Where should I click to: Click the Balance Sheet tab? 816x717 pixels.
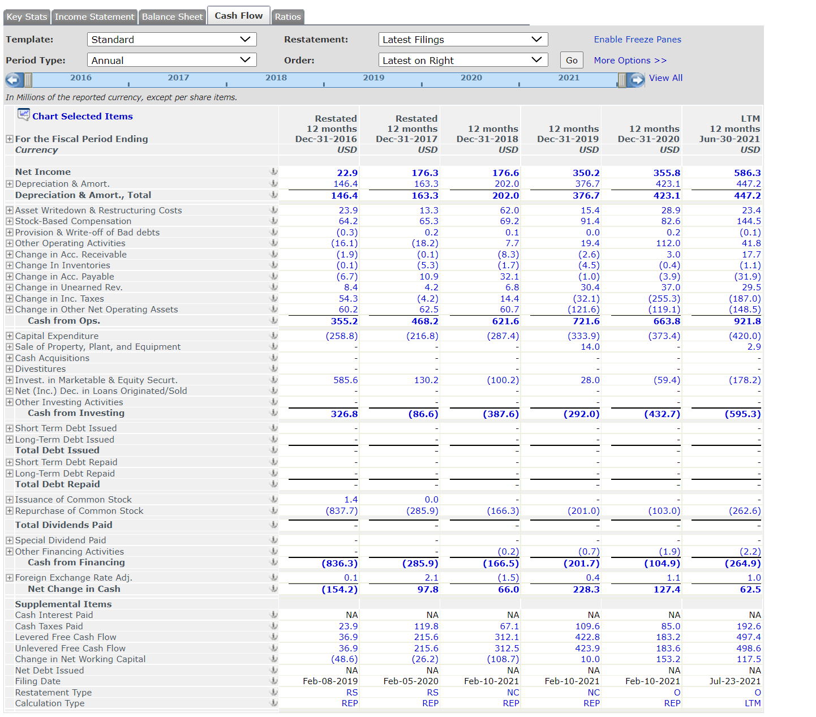click(x=172, y=17)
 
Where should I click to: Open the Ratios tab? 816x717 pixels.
click(x=287, y=17)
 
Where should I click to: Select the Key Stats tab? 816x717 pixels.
click(x=27, y=17)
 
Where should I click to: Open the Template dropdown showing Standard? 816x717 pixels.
click(x=171, y=40)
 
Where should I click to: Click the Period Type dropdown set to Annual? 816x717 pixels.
click(x=171, y=61)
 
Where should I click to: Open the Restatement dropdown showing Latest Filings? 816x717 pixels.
click(x=462, y=40)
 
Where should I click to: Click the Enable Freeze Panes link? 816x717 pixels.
click(x=637, y=40)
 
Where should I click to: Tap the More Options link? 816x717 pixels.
click(x=630, y=61)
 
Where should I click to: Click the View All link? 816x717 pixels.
click(x=665, y=78)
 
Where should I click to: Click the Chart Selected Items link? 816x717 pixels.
click(x=82, y=116)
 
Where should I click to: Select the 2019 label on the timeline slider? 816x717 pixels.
click(x=373, y=78)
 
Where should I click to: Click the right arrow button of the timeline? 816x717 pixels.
click(x=637, y=80)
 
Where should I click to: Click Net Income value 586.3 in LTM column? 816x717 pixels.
click(x=747, y=173)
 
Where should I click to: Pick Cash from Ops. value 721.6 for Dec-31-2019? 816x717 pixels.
click(x=586, y=321)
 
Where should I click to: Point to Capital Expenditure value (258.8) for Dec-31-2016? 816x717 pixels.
click(x=342, y=336)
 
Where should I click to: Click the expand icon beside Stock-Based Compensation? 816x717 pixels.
click(x=10, y=221)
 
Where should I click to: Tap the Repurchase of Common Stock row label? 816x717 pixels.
click(x=79, y=511)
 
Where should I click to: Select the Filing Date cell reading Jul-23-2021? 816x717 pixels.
click(x=735, y=681)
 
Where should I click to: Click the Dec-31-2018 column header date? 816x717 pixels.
click(x=487, y=139)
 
